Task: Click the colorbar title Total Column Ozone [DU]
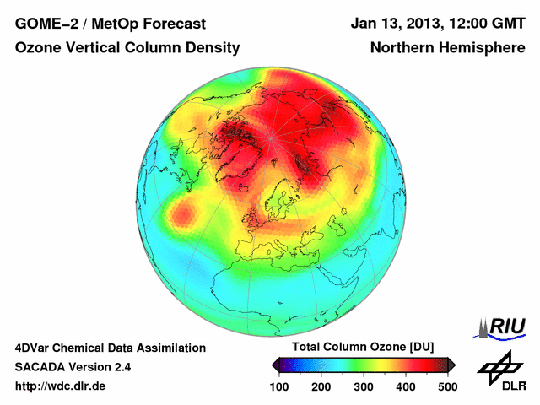[362, 348]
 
